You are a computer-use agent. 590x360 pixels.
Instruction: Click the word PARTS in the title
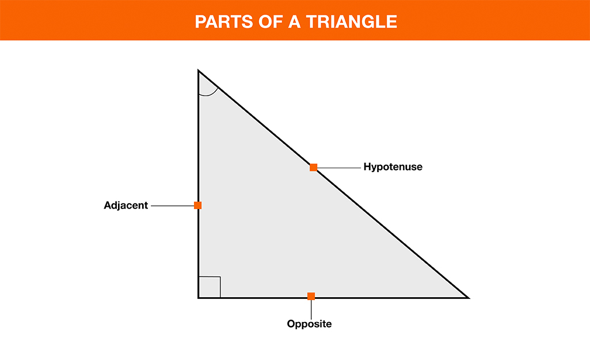tap(223, 22)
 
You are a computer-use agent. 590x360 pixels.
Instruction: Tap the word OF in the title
tap(271, 22)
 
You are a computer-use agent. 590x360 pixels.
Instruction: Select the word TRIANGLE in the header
tap(352, 22)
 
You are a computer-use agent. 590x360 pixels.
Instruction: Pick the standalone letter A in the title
tap(294, 22)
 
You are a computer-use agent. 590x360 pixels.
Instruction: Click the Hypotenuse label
tap(393, 167)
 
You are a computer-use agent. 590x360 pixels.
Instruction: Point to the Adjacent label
tap(125, 205)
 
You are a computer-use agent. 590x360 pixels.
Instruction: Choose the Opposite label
tap(309, 324)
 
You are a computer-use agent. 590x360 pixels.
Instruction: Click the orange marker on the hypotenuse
tap(314, 168)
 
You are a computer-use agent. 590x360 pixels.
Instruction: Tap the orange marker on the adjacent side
tap(198, 205)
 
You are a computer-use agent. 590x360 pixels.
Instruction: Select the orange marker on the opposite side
tap(311, 297)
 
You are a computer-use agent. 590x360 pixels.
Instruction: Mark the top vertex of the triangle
tap(198, 70)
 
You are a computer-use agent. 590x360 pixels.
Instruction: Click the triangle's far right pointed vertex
tap(469, 298)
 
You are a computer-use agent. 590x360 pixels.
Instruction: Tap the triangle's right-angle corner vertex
tap(198, 298)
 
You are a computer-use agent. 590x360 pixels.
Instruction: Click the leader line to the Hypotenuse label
tap(339, 168)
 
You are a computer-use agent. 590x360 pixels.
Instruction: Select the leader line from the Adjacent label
tap(172, 206)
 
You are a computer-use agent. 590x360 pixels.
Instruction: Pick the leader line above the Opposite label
tap(311, 309)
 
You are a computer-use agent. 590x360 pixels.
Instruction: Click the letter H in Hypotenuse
tap(367, 166)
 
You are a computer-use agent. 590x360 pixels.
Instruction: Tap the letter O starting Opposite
tap(291, 324)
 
